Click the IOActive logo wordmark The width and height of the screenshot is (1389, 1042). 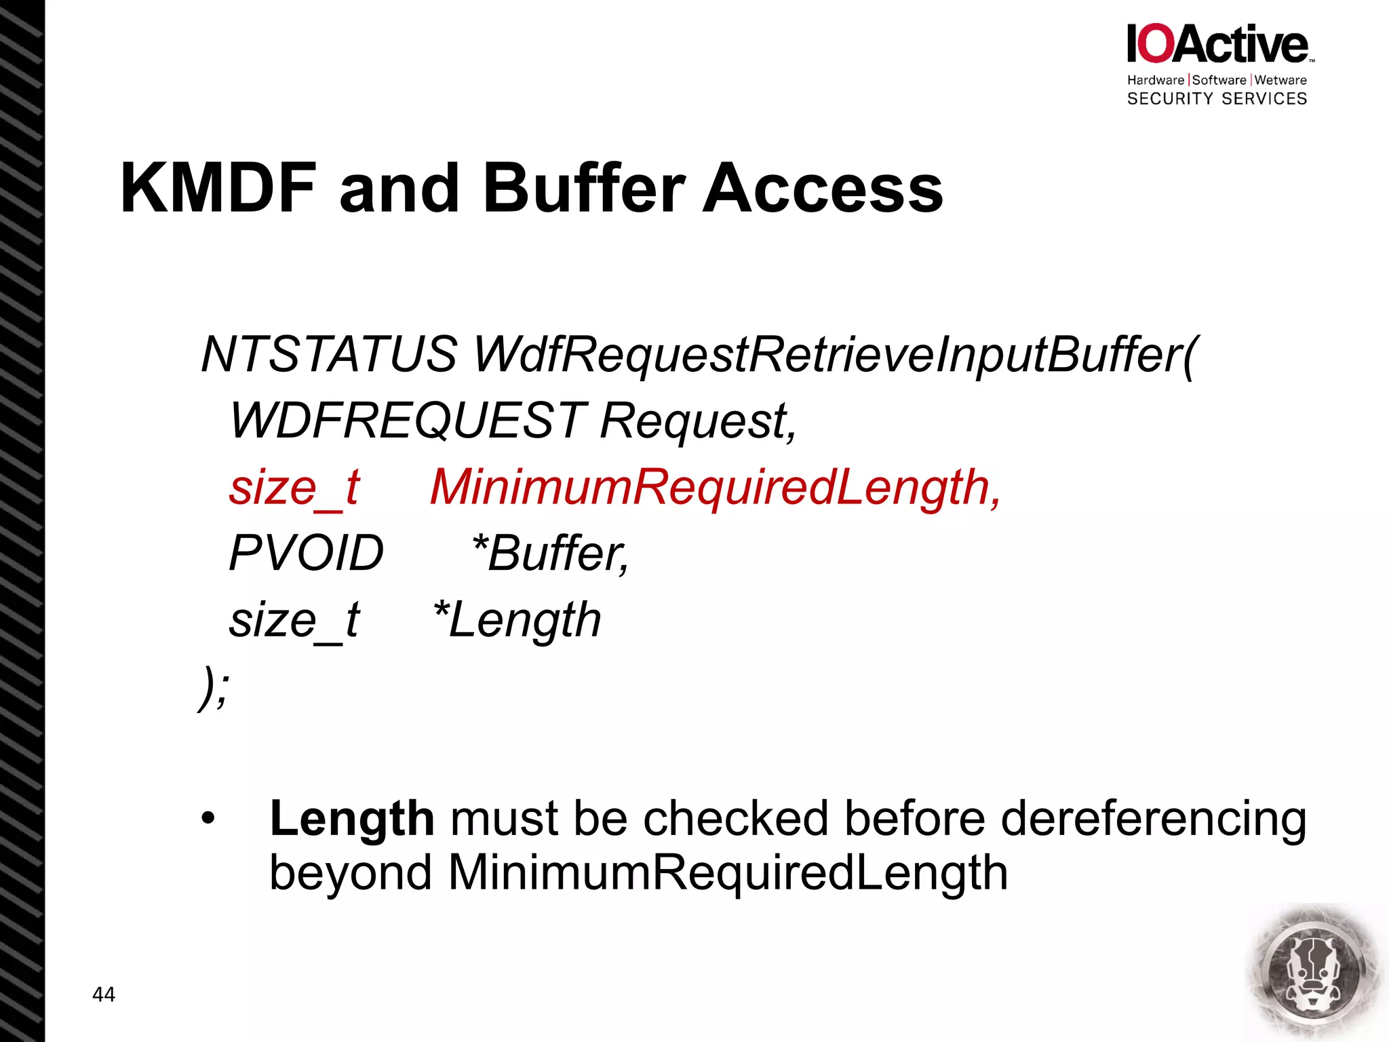pyautogui.click(x=1218, y=45)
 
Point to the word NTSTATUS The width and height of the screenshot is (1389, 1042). pyautogui.click(x=330, y=354)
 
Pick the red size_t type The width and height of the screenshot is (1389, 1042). pyautogui.click(x=294, y=487)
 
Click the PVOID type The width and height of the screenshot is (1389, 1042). pyautogui.click(x=307, y=553)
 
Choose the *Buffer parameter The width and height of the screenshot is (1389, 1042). pyautogui.click(x=550, y=553)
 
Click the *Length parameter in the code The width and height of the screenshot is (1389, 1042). pyautogui.click(x=517, y=619)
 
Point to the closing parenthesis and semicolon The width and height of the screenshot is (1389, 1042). pyautogui.click(x=214, y=687)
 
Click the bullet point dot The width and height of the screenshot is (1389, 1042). pyautogui.click(x=208, y=819)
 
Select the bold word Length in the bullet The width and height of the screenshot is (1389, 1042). pyautogui.click(x=352, y=819)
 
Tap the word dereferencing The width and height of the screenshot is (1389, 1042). pyautogui.click(x=1153, y=819)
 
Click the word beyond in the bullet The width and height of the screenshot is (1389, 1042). pyautogui.click(x=351, y=872)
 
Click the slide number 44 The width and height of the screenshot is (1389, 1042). pyautogui.click(x=104, y=995)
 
